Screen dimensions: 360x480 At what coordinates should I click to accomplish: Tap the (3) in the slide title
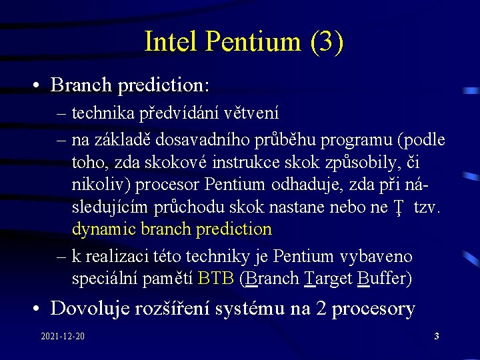(x=327, y=41)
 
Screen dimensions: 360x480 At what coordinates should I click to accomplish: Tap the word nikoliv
(x=97, y=184)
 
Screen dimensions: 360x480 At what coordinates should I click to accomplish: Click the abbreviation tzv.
(x=427, y=207)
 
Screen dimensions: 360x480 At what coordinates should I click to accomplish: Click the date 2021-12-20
(x=62, y=336)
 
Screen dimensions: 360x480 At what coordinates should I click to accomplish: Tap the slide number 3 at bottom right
(x=436, y=336)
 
